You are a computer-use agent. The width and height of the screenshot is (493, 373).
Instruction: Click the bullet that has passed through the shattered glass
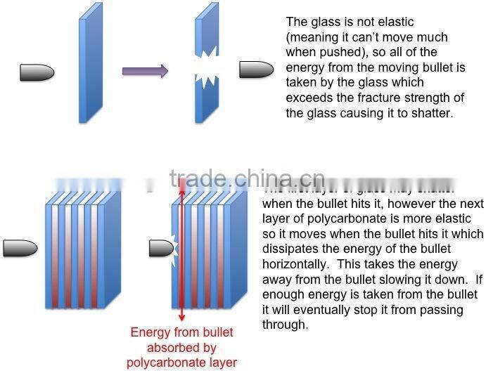(256, 69)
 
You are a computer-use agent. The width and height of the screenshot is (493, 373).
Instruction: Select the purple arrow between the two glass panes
(145, 70)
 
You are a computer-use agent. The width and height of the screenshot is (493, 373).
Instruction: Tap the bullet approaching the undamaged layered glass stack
(19, 248)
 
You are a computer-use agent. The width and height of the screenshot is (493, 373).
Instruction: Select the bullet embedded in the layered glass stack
(161, 248)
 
